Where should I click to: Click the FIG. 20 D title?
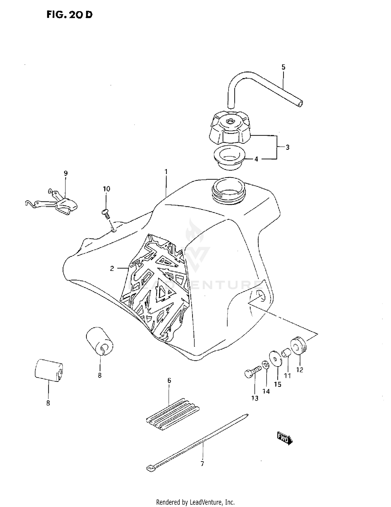pyautogui.click(x=69, y=15)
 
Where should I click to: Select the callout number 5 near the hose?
pyautogui.click(x=283, y=67)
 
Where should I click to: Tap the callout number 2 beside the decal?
pyautogui.click(x=112, y=268)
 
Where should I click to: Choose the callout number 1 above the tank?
pyautogui.click(x=166, y=172)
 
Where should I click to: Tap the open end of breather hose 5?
pyautogui.click(x=301, y=104)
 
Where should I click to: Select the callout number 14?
pyautogui.click(x=266, y=391)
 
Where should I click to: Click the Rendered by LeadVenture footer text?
pyautogui.click(x=195, y=502)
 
